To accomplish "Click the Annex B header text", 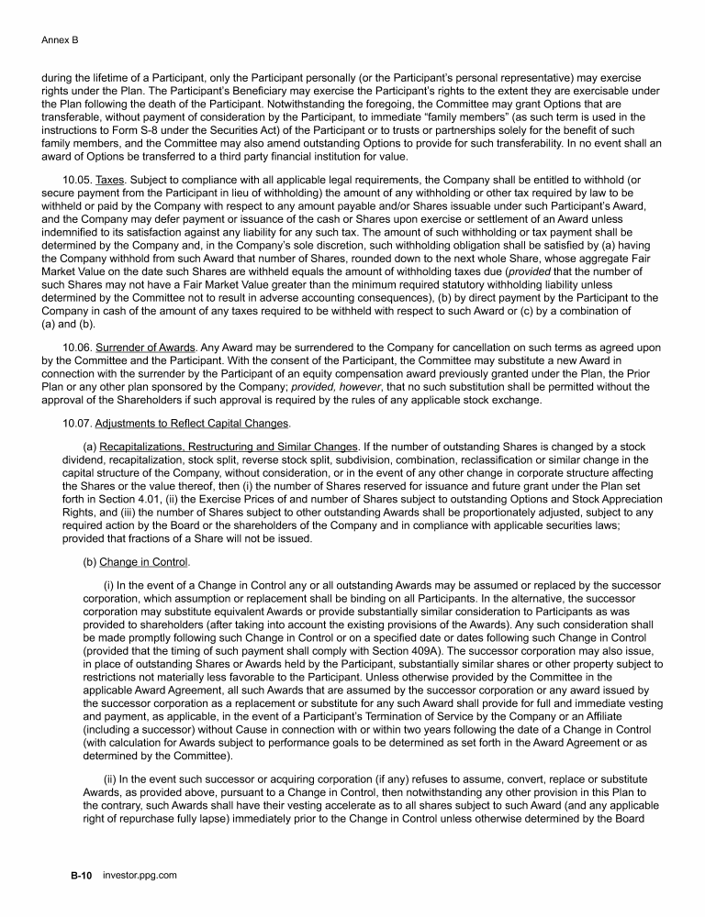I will (60, 40).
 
